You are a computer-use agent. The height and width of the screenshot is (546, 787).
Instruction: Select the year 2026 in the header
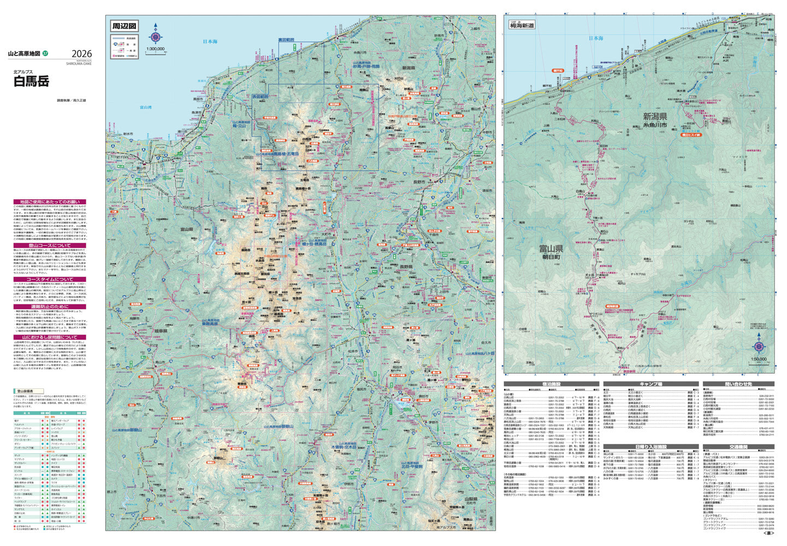[x=81, y=54]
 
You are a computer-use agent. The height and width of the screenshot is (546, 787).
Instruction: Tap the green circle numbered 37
[x=46, y=54]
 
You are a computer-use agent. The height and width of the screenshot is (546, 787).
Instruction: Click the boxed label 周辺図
[x=125, y=26]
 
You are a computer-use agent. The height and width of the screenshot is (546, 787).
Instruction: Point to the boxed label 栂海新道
[x=522, y=26]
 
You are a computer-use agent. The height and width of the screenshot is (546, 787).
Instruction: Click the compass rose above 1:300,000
[x=156, y=37]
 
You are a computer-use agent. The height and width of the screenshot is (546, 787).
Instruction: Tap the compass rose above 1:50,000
[x=759, y=346]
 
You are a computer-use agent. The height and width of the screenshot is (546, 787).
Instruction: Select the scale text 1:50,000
[x=759, y=359]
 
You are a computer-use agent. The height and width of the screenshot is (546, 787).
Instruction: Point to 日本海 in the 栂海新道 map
[x=596, y=38]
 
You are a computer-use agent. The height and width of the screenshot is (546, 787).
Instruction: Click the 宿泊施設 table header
[x=551, y=384]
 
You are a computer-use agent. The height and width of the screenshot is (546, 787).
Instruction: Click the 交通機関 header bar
[x=738, y=447]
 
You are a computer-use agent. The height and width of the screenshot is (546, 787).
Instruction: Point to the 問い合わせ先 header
[x=738, y=384]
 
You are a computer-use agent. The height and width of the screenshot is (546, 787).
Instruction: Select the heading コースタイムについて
[x=50, y=279]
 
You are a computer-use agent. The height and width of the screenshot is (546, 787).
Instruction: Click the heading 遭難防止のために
[x=50, y=307]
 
